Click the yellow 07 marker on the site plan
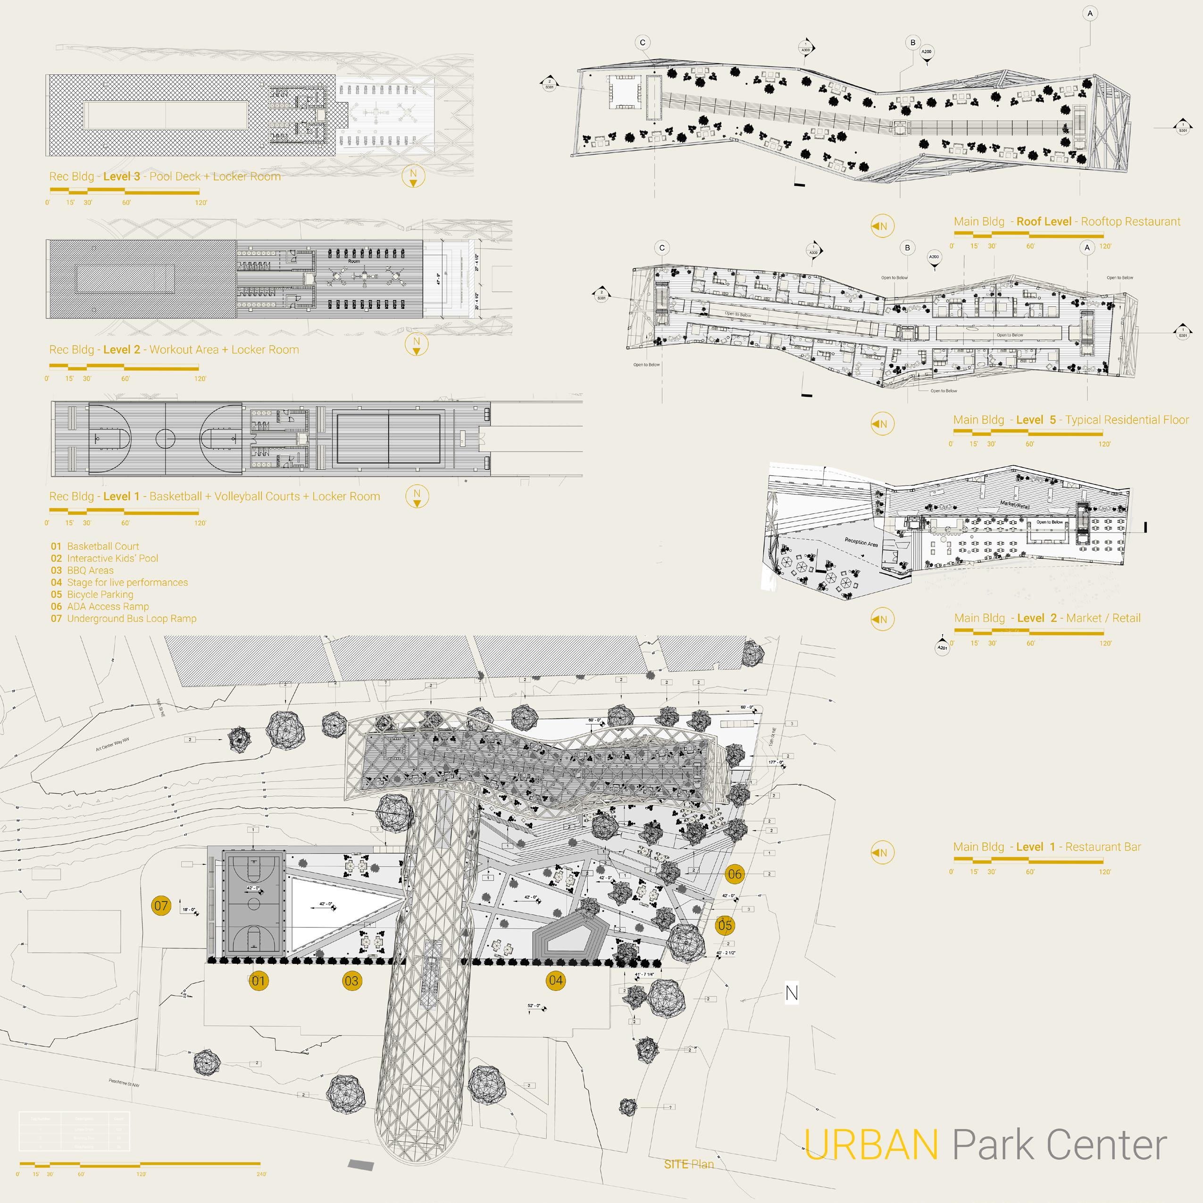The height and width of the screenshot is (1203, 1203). pyautogui.click(x=161, y=905)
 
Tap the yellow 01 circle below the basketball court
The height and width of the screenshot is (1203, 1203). pyautogui.click(x=259, y=981)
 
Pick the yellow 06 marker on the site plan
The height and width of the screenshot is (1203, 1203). pyautogui.click(x=735, y=874)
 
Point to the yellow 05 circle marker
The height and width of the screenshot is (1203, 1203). pyautogui.click(x=725, y=925)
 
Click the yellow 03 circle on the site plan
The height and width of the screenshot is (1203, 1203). pyautogui.click(x=351, y=981)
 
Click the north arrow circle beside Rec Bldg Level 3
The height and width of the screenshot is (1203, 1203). pyautogui.click(x=413, y=176)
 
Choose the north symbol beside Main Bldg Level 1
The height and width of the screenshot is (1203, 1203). pyautogui.click(x=882, y=852)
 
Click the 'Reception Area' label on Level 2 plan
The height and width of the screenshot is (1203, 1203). pyautogui.click(x=861, y=543)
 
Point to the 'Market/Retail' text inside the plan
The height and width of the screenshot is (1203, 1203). pyautogui.click(x=1014, y=504)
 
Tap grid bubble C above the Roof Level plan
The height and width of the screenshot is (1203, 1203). pyautogui.click(x=643, y=42)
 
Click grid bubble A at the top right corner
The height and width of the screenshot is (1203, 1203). pyautogui.click(x=1090, y=13)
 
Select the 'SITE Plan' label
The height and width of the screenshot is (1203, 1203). pyautogui.click(x=689, y=1164)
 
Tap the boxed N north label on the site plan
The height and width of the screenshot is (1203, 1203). pyautogui.click(x=792, y=993)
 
